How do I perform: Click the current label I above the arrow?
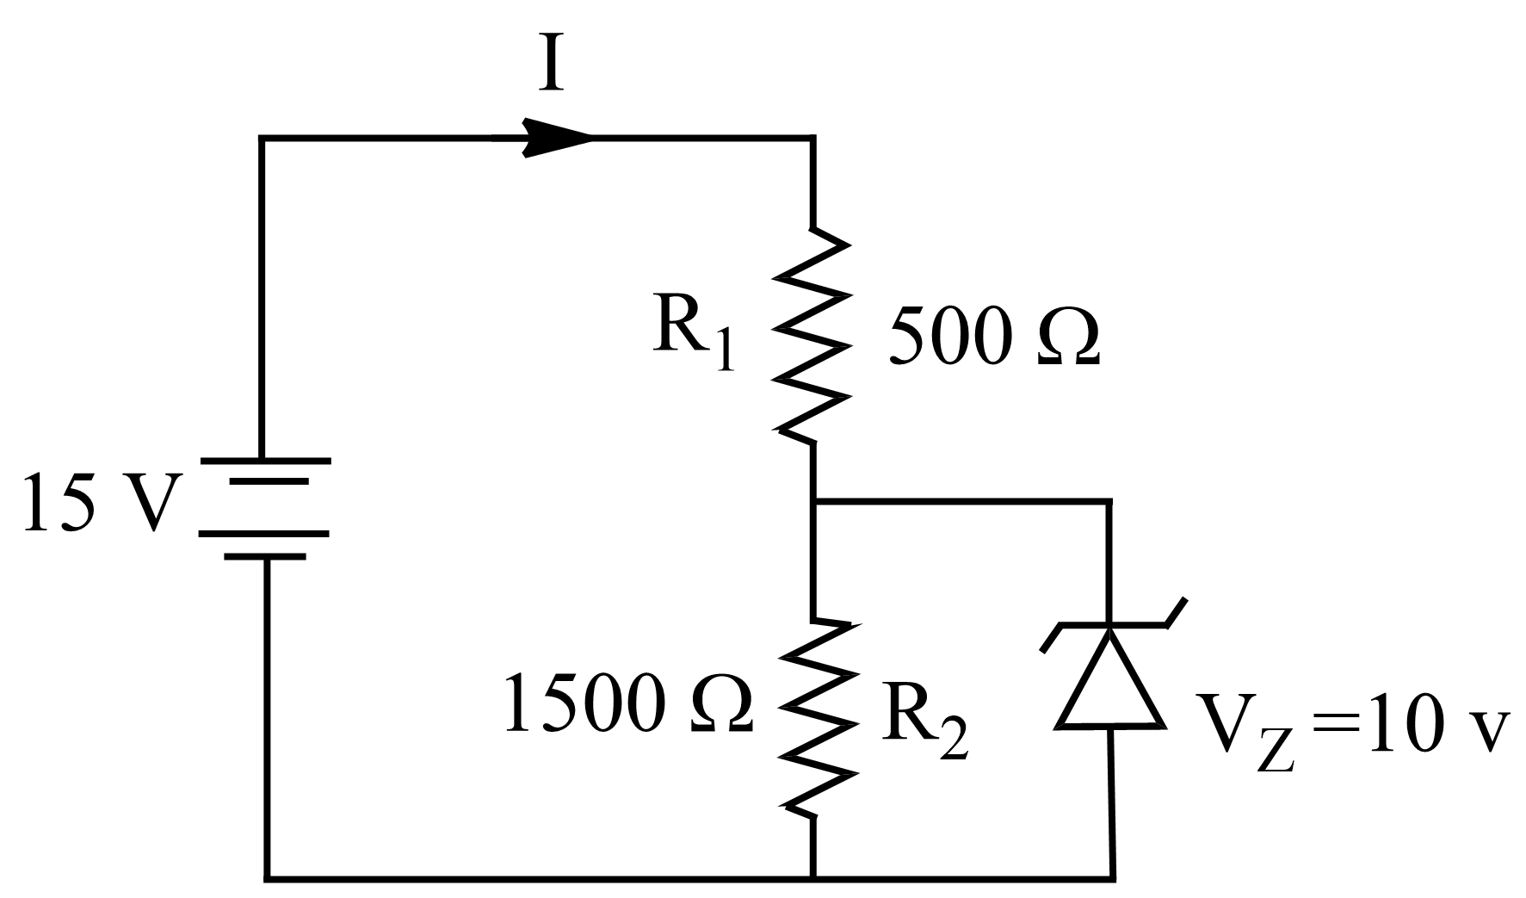pos(551,65)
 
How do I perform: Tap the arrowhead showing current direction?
pos(557,138)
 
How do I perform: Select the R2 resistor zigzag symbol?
pos(814,716)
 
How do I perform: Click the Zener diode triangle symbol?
pos(1109,680)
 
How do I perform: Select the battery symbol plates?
pos(264,508)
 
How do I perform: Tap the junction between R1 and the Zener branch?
pos(812,499)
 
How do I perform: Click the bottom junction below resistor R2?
pos(812,878)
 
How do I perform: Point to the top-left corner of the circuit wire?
pos(262,138)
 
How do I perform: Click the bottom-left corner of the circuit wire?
pos(266,878)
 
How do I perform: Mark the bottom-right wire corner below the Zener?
pos(1113,878)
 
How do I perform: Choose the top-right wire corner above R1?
pos(812,138)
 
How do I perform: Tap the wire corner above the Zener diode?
pos(1109,499)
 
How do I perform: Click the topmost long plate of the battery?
pos(264,461)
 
